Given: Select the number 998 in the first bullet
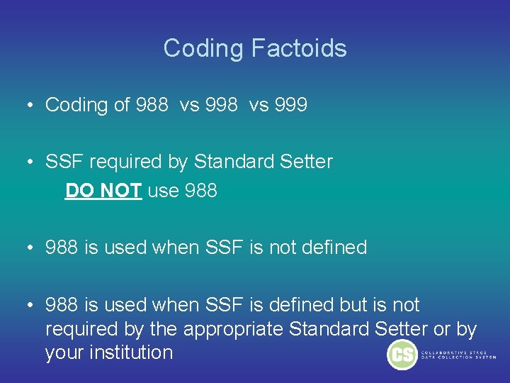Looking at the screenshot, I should coord(222,105).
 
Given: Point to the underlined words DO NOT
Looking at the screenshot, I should coord(103,191).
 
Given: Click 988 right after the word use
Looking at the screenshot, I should coord(200,191).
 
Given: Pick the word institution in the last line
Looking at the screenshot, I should coord(127,353).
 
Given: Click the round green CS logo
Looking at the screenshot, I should coord(402,355).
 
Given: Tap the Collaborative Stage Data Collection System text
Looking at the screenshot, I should coord(460,355).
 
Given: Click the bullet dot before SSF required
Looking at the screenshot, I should coord(31,162).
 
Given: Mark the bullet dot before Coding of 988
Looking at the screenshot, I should coord(31,106).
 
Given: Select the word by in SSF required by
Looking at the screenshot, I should coord(178,162).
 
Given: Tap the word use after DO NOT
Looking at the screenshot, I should coord(162,191).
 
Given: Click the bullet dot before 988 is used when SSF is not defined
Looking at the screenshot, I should coord(31,248).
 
